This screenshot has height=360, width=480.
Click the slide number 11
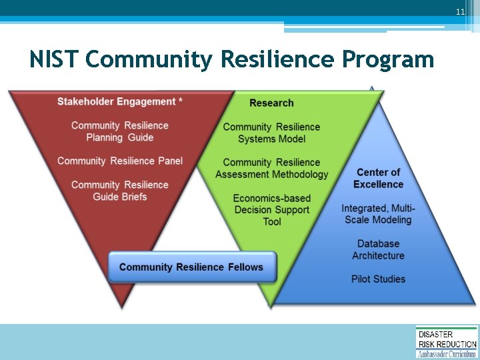pos(459,13)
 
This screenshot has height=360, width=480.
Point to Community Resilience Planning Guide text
pos(120,131)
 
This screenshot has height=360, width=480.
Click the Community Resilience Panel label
pos(120,161)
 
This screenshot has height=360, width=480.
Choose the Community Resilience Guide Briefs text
pos(120,191)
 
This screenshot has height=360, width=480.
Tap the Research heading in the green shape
pos(271,103)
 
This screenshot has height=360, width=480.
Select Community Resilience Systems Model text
pos(271,133)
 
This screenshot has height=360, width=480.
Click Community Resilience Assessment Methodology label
pos(272,168)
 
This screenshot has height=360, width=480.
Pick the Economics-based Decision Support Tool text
pos(272,209)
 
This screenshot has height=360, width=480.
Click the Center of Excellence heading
pos(378,178)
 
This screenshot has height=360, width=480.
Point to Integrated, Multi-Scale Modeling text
pos(378,214)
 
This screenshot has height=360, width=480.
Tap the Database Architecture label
pos(378,250)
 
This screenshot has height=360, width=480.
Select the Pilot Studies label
pos(378,279)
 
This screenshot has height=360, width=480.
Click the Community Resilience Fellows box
pos(191,267)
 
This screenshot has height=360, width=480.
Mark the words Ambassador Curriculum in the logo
pos(447,354)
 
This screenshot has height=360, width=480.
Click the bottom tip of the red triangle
pos(121,306)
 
